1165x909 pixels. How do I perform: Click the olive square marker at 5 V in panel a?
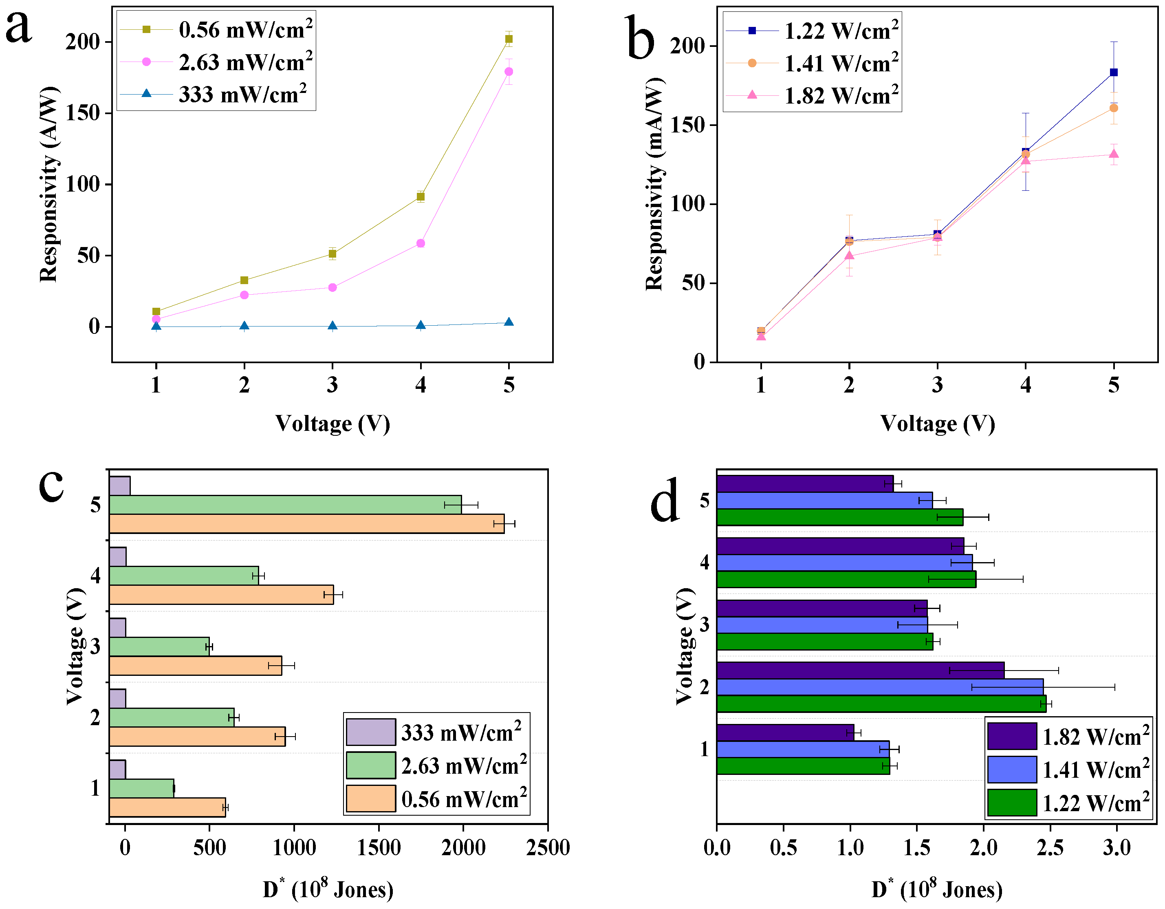[509, 38]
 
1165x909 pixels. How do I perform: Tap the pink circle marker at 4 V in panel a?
[421, 243]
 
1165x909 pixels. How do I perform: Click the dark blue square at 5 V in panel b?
[1113, 73]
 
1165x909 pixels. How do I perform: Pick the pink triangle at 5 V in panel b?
[1113, 154]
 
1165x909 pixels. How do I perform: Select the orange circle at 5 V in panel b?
[1113, 108]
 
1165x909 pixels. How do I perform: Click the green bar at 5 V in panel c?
[285, 505]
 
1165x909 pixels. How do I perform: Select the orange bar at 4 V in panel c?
[221, 594]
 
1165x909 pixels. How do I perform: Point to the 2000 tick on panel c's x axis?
[463, 847]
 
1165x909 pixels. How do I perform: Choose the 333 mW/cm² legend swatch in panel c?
[371, 732]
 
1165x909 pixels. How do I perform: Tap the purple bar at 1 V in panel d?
[785, 732]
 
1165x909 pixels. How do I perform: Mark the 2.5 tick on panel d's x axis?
[1050, 847]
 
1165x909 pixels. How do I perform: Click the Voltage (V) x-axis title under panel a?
[333, 423]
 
